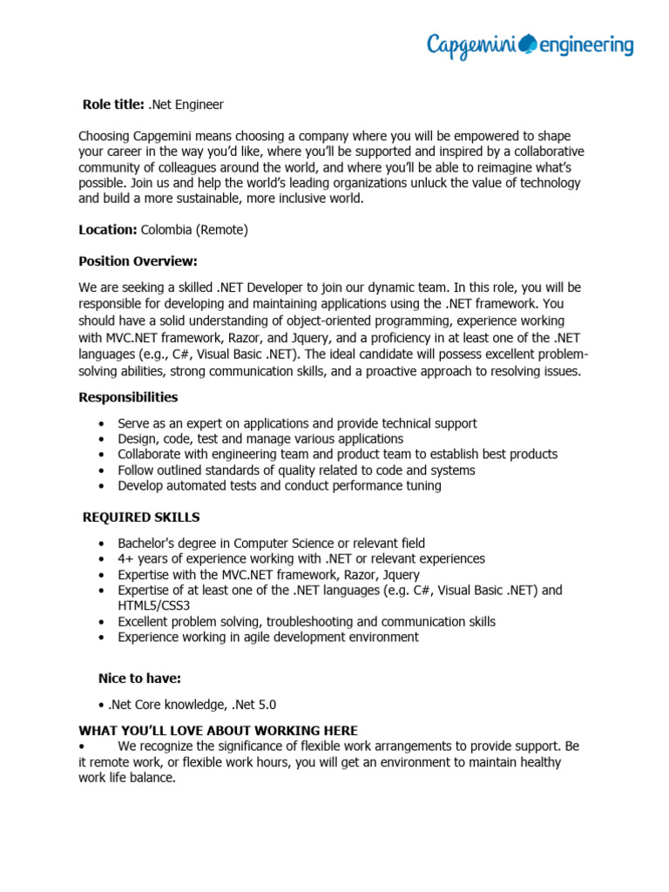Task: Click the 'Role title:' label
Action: coord(113,105)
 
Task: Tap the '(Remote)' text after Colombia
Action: coord(222,230)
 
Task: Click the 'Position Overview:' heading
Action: coord(138,261)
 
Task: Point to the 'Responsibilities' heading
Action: coord(128,397)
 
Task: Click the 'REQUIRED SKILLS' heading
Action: coord(141,517)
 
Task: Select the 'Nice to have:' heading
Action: coord(139,679)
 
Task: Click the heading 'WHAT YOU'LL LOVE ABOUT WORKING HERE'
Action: coord(218,730)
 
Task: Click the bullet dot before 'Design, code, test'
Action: coord(103,440)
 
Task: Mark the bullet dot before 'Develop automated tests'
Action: coord(103,486)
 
